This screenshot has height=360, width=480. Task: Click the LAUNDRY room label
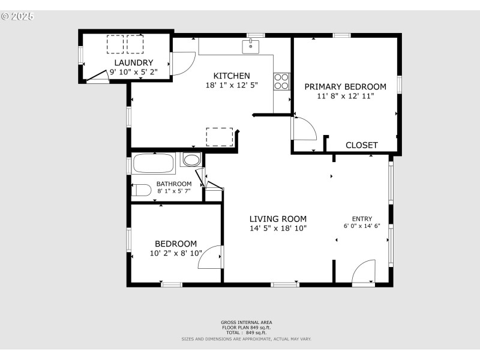tap(134, 62)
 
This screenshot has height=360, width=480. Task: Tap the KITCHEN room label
tap(232, 76)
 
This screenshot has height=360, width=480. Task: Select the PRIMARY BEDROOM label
tap(345, 86)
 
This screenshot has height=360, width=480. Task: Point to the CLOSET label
tap(362, 145)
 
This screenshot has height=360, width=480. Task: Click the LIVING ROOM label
tap(278, 219)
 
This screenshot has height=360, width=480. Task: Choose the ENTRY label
tap(362, 218)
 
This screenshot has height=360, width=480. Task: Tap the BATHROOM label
tap(174, 184)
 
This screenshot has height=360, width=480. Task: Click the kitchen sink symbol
tap(251, 46)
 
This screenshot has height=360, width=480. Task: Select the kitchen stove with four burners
tap(281, 81)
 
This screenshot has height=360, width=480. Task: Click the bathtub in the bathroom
tap(154, 163)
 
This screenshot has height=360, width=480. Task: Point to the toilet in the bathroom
tap(142, 190)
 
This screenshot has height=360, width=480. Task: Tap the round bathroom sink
tap(192, 160)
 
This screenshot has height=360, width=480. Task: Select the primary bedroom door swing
tap(304, 128)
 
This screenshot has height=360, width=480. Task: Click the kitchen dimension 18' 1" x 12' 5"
tap(232, 86)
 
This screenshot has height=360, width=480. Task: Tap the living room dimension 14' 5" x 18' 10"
tap(278, 229)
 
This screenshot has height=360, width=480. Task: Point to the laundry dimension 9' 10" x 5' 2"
tap(134, 71)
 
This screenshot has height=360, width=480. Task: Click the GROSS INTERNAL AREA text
tap(247, 322)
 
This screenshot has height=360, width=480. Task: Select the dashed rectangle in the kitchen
tap(220, 137)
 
